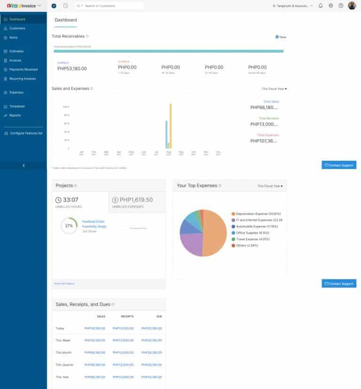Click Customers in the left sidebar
click(17, 28)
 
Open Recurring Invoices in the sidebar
click(22, 79)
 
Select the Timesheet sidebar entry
click(17, 106)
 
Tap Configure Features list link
click(26, 133)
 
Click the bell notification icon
click(321, 6)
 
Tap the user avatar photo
click(352, 6)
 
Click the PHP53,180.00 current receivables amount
click(72, 69)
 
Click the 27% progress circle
click(69, 226)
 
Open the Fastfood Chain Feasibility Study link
click(94, 224)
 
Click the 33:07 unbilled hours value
click(71, 200)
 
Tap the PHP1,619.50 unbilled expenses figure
click(136, 200)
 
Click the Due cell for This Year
click(151, 377)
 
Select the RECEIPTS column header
click(127, 317)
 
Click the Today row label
click(60, 328)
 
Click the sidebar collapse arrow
click(24, 165)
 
